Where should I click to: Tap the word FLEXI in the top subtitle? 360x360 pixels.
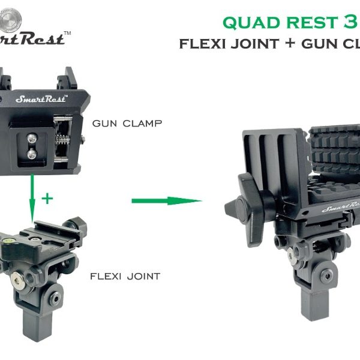pos(209,44)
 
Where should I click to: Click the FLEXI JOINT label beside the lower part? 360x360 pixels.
pos(125,277)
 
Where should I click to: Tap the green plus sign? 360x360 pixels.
pos(47,199)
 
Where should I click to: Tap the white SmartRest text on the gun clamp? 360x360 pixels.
pos(41,98)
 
